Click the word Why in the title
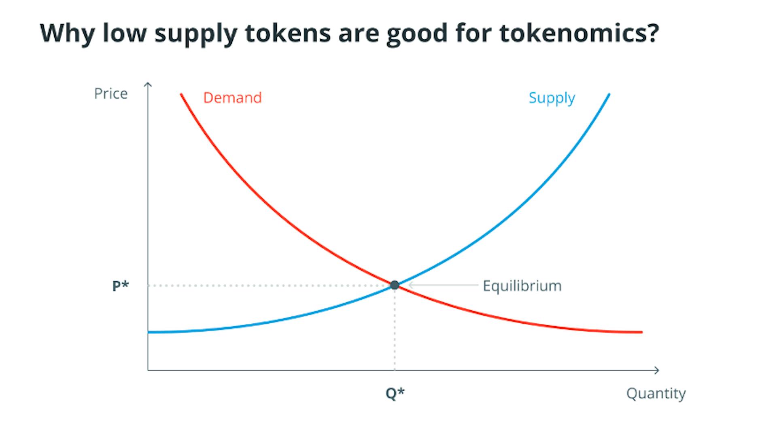click(x=67, y=33)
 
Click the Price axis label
click(x=111, y=94)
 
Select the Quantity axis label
click(x=656, y=393)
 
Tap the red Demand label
click(x=232, y=98)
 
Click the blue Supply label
click(x=552, y=98)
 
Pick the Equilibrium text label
click(x=522, y=286)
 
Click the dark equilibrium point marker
click(x=395, y=285)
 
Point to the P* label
click(x=121, y=286)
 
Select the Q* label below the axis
click(x=395, y=393)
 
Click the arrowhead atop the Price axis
click(x=148, y=84)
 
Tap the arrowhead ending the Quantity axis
click(x=656, y=370)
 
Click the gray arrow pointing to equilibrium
click(x=443, y=285)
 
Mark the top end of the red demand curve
click(x=181, y=95)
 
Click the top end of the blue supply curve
click(x=609, y=95)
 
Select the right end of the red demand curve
click(x=641, y=332)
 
